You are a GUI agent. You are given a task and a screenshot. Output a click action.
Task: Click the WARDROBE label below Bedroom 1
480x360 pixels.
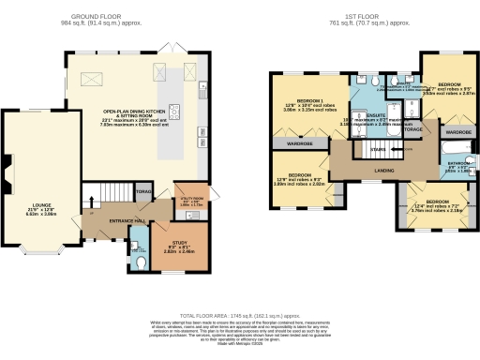[x=299, y=143]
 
